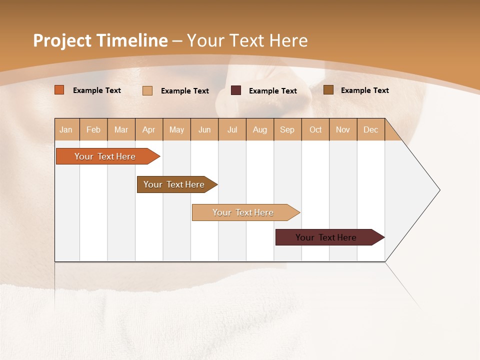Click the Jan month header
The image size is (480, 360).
tap(66, 130)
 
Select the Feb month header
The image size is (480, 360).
tap(93, 130)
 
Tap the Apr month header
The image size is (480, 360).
tap(149, 130)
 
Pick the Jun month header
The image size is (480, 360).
tap(204, 130)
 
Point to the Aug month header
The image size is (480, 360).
tap(260, 130)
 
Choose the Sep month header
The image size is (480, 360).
tap(287, 130)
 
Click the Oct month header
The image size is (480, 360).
tap(315, 130)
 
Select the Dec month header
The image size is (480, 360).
tap(371, 130)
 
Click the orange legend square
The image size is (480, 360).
tap(59, 90)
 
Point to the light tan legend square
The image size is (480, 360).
tap(147, 90)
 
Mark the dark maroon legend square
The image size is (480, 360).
tap(236, 90)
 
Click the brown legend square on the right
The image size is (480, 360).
tap(328, 90)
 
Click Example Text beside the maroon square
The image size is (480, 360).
tap(272, 91)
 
